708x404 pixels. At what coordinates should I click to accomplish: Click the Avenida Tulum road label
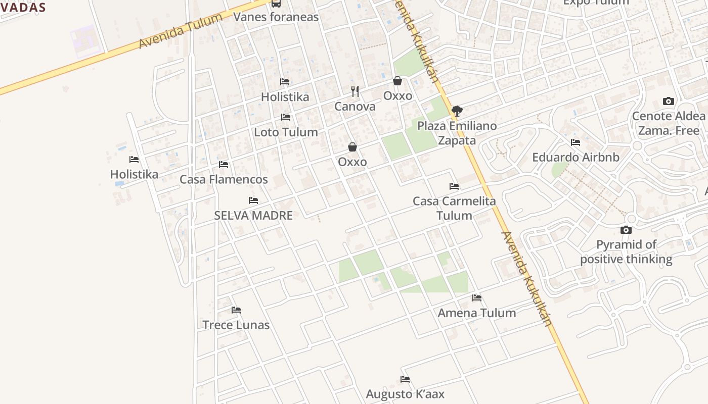[181, 32]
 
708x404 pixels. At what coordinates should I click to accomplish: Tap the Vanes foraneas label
[276, 17]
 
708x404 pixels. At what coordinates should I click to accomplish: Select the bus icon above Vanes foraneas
[276, 4]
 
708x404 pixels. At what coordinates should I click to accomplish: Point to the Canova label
[355, 107]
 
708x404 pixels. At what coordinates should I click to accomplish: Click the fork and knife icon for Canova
[355, 91]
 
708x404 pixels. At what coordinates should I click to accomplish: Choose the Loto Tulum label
[286, 132]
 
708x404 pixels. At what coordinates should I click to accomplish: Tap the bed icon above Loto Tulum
[286, 117]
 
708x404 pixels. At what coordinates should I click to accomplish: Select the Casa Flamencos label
[224, 179]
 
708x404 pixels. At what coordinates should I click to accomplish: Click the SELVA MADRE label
[253, 216]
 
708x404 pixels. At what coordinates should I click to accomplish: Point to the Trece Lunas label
[236, 325]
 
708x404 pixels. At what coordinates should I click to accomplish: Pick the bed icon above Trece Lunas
[236, 310]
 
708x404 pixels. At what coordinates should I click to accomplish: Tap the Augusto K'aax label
[405, 394]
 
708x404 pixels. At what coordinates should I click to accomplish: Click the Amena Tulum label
[477, 313]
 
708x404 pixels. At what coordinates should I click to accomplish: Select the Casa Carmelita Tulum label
[454, 208]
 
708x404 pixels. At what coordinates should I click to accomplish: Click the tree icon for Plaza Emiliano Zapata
[457, 111]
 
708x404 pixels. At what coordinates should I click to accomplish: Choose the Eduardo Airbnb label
[576, 157]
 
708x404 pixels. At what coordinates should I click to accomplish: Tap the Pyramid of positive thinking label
[626, 252]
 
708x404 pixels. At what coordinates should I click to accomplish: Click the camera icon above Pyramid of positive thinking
[626, 230]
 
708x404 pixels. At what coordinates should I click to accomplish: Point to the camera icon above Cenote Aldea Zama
[669, 102]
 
